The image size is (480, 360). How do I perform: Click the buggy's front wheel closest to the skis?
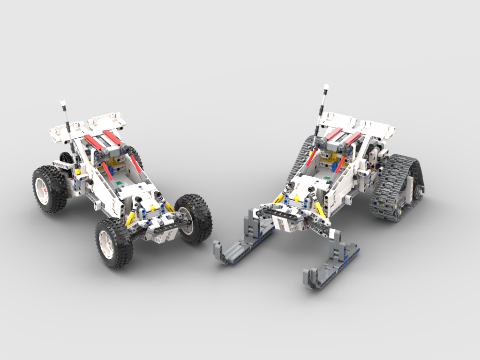194,218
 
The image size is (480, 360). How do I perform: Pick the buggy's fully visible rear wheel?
49,188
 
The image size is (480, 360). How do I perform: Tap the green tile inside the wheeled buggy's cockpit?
120,183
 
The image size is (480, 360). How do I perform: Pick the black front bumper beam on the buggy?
159,222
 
